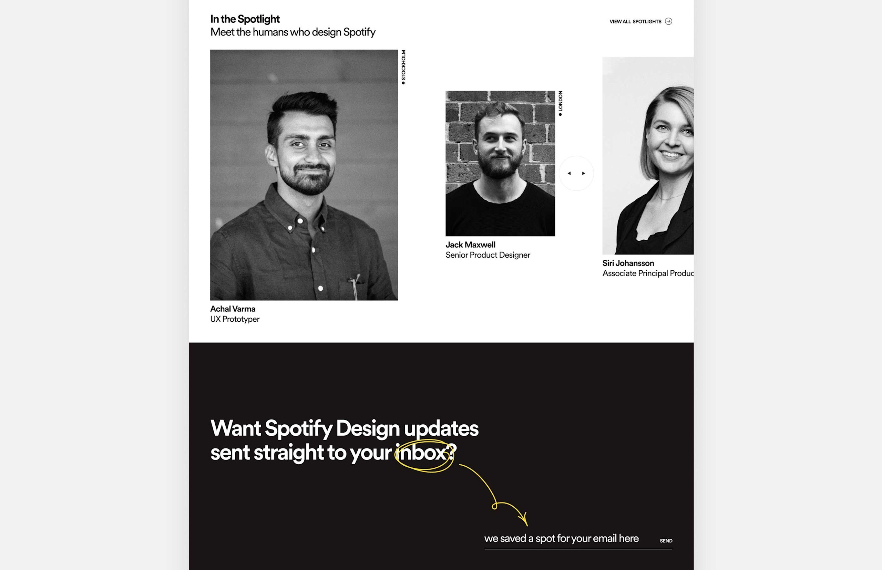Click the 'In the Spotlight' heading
click(x=245, y=19)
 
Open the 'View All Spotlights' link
click(x=635, y=21)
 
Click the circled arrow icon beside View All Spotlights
click(x=668, y=21)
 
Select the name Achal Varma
click(x=233, y=309)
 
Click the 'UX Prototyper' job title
click(x=235, y=319)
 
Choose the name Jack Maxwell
click(x=470, y=245)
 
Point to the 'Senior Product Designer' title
click(x=488, y=255)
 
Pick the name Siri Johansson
click(x=628, y=263)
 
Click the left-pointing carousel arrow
click(x=569, y=173)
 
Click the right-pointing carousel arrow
click(x=584, y=173)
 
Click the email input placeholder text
click(x=561, y=538)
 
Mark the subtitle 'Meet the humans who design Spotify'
click(x=293, y=32)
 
